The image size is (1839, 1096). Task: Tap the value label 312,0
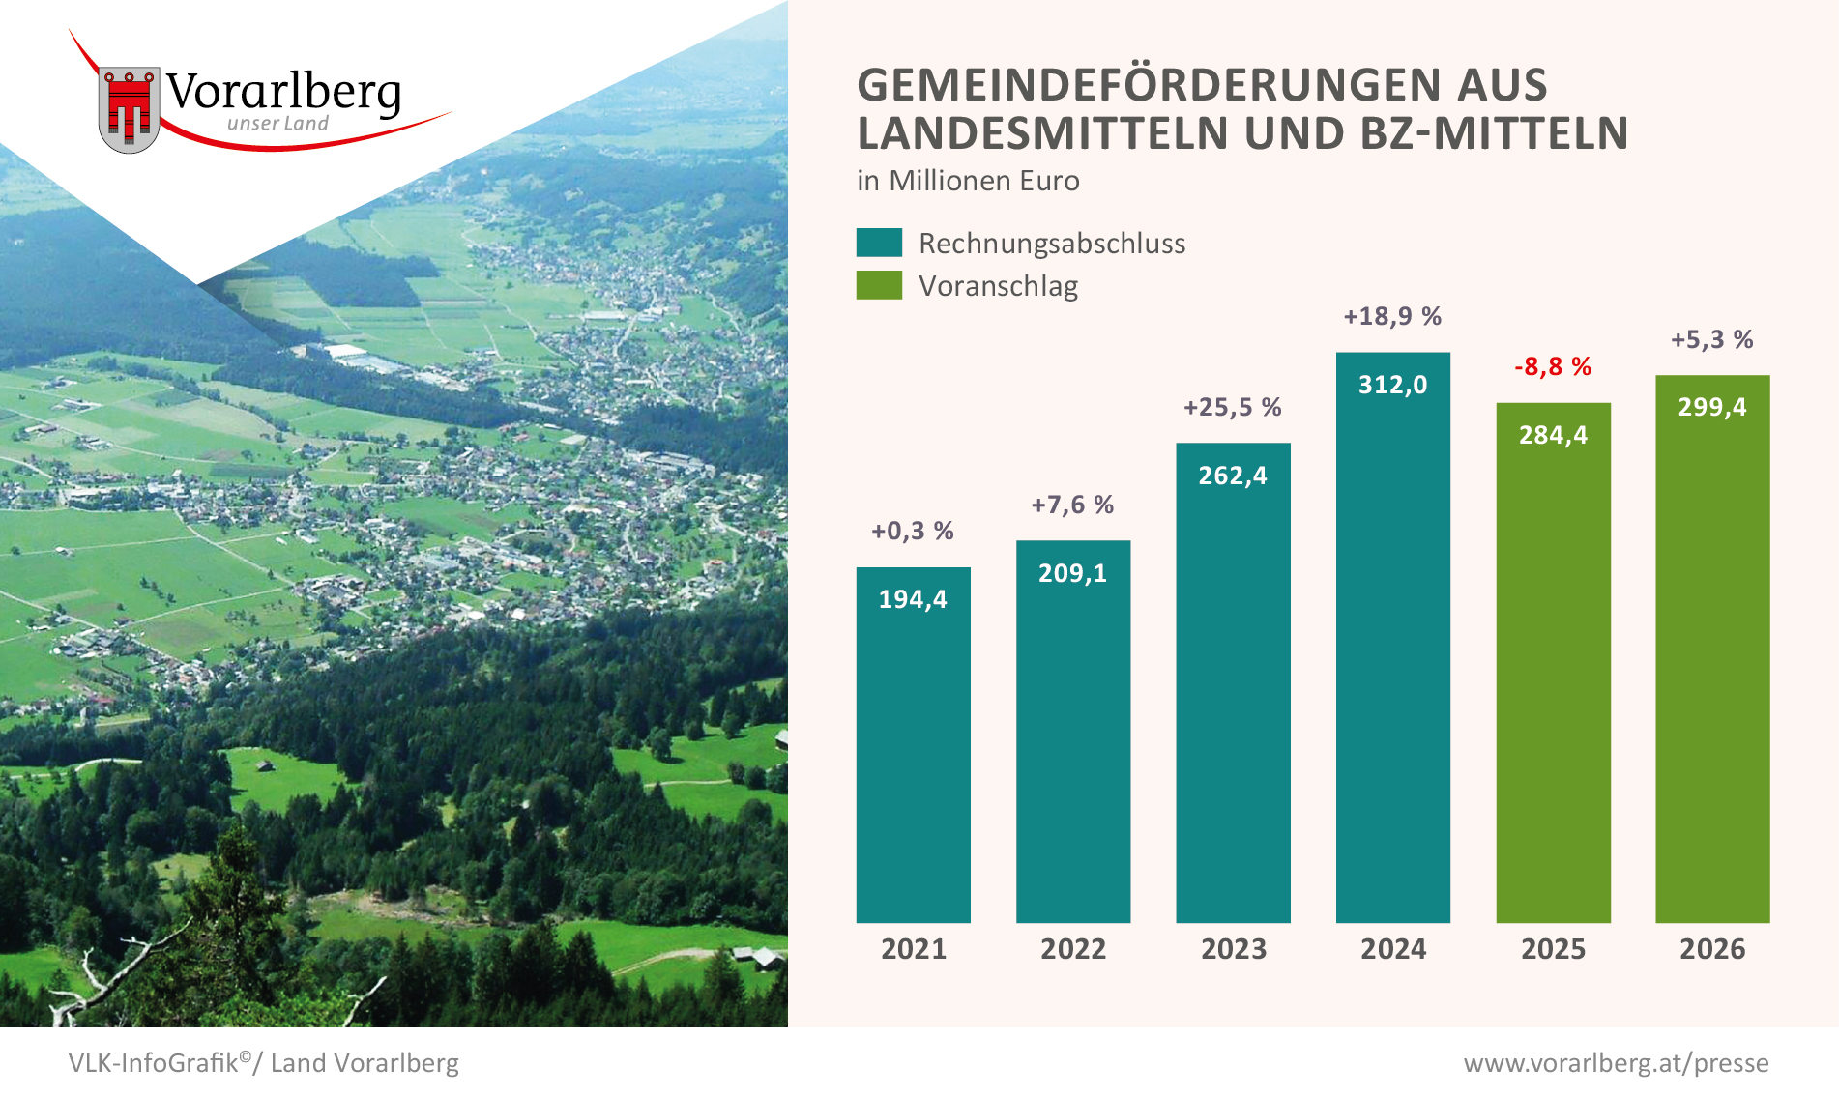click(1392, 385)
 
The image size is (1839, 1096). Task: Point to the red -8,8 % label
click(1552, 366)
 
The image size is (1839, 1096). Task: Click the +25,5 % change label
click(1232, 407)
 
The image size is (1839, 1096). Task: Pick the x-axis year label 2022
click(1072, 949)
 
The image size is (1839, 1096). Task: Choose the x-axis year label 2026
click(1711, 949)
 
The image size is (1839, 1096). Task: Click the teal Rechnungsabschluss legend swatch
click(879, 243)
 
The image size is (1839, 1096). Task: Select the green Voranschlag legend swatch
click(879, 285)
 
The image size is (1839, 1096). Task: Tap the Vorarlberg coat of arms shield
click(129, 109)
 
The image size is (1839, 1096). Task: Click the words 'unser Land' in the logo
click(277, 124)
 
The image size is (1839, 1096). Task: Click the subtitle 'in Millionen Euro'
click(968, 181)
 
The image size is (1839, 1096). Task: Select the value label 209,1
click(1072, 573)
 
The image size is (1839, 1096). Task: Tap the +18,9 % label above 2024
click(1392, 316)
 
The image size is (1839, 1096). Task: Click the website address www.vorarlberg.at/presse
click(1616, 1063)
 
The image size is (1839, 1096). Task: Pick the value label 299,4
click(1711, 407)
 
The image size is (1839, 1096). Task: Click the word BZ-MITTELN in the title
click(1494, 133)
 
